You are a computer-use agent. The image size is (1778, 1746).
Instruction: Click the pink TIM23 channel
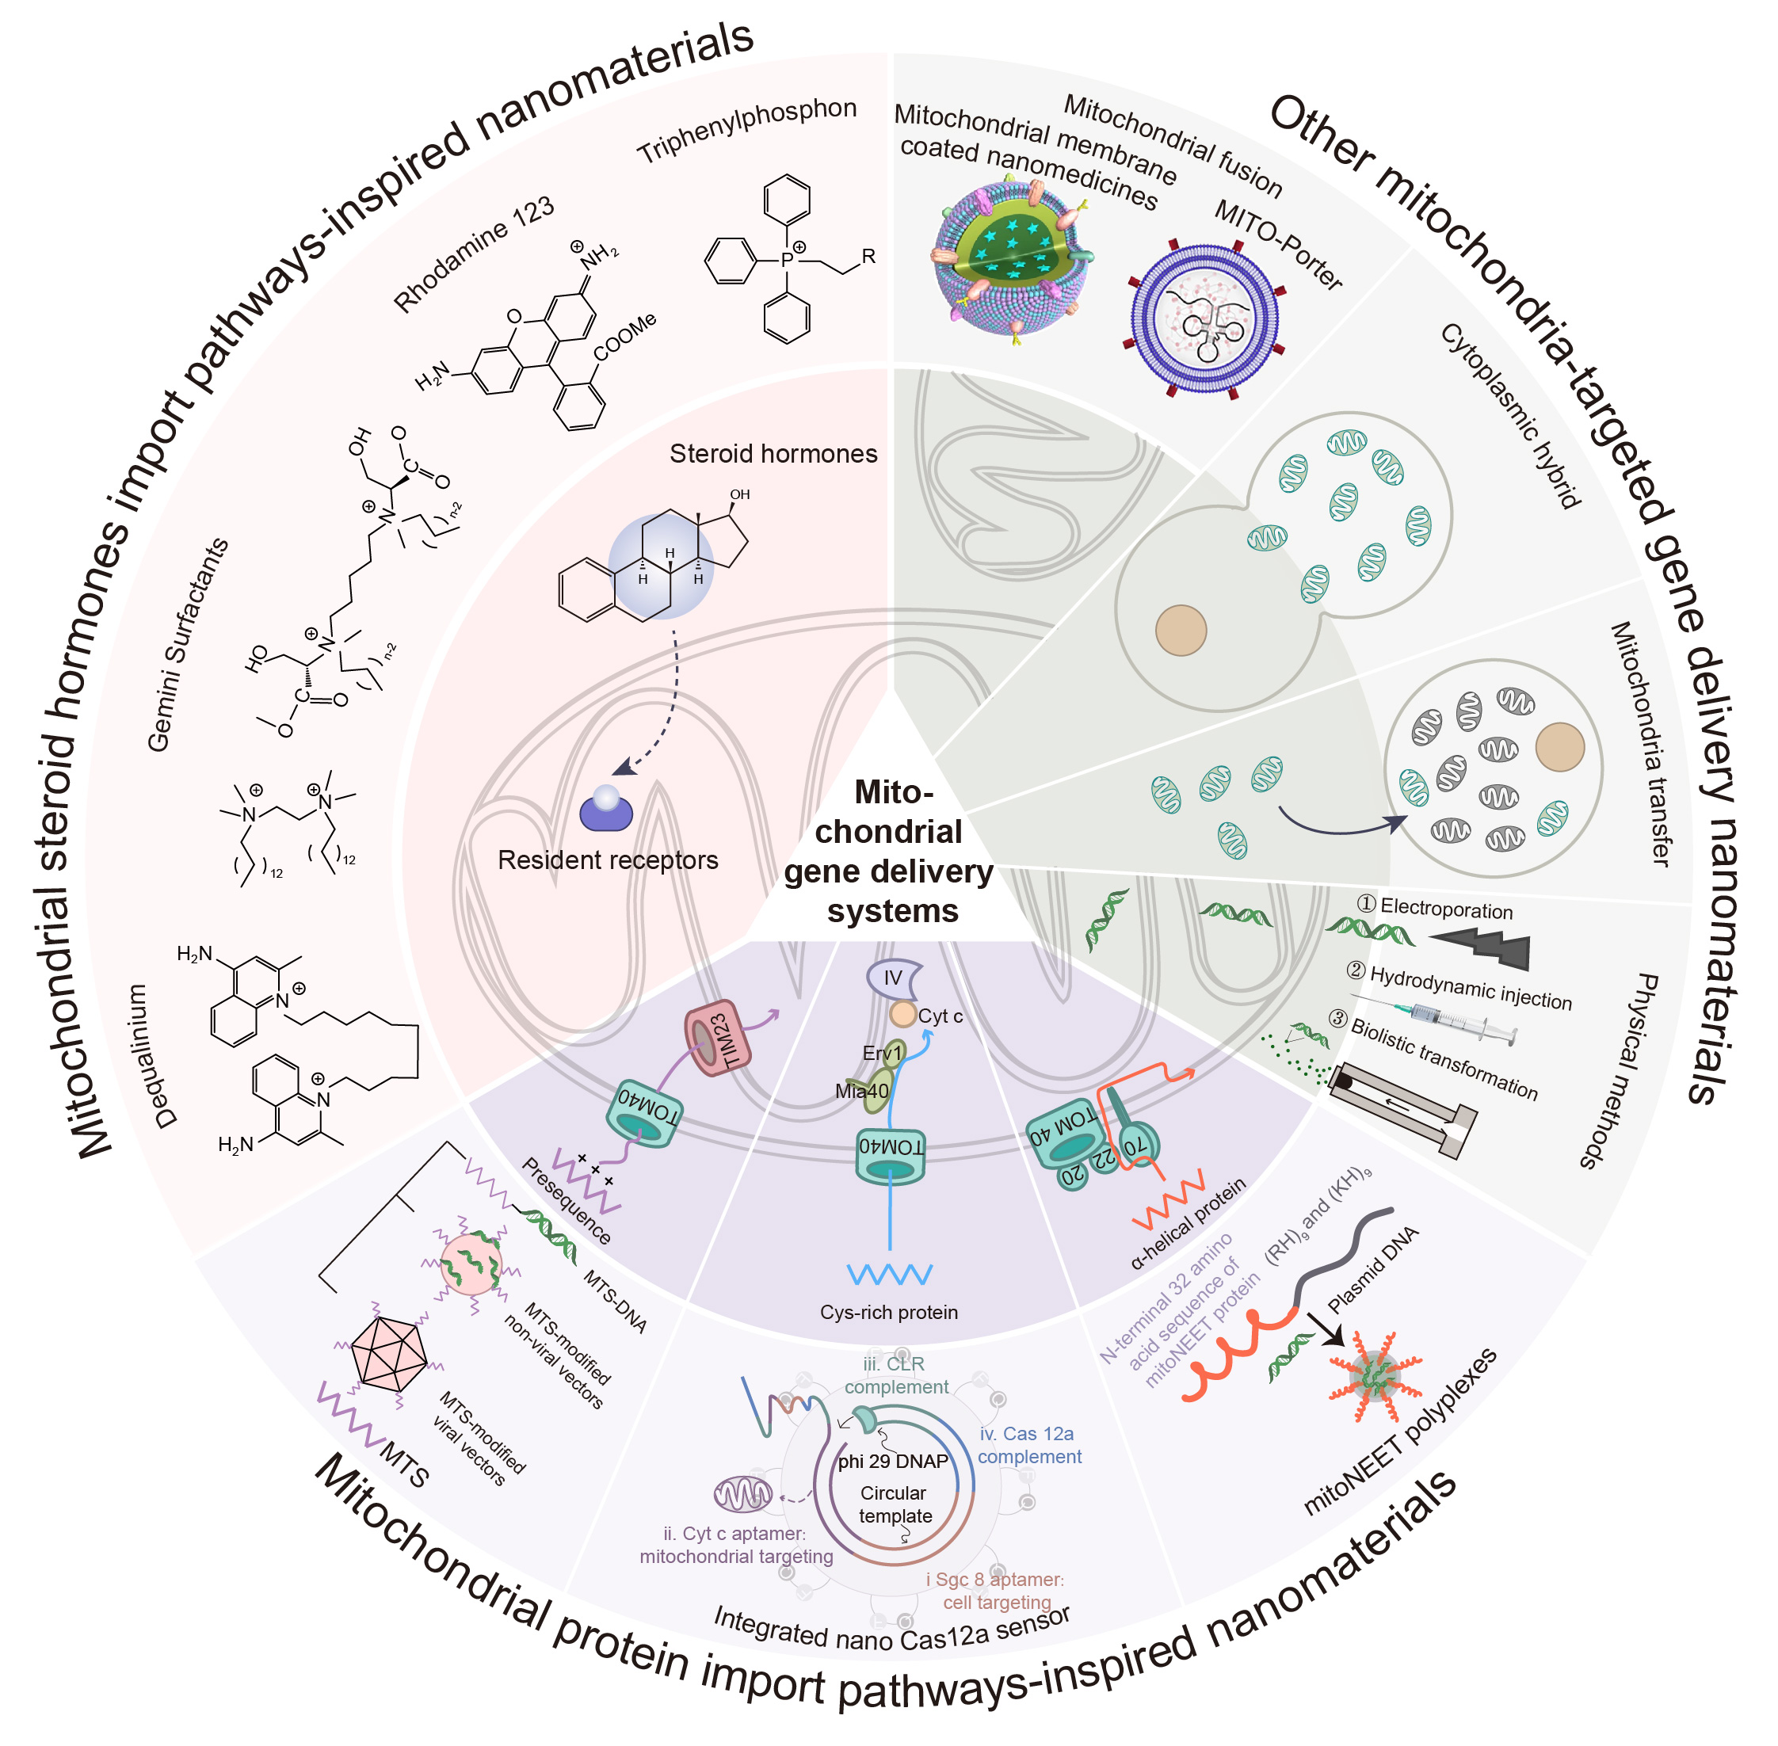[718, 1037]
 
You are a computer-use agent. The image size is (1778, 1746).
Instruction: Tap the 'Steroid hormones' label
[773, 453]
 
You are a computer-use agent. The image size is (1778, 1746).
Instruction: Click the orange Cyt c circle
[903, 1014]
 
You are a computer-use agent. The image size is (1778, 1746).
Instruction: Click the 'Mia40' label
[861, 1092]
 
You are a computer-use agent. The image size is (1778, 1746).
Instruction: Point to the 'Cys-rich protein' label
[888, 1312]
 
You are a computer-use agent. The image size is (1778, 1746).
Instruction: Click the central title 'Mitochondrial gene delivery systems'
[888, 851]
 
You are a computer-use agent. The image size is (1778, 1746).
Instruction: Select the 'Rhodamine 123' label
[473, 254]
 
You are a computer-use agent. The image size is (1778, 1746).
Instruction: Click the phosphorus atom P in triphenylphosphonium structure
[786, 260]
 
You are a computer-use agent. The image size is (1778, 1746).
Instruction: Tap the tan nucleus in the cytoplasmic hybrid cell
[1180, 630]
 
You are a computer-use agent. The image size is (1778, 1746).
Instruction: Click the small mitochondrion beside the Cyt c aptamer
[742, 1495]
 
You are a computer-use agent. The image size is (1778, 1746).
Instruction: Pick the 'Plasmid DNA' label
[1372, 1269]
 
